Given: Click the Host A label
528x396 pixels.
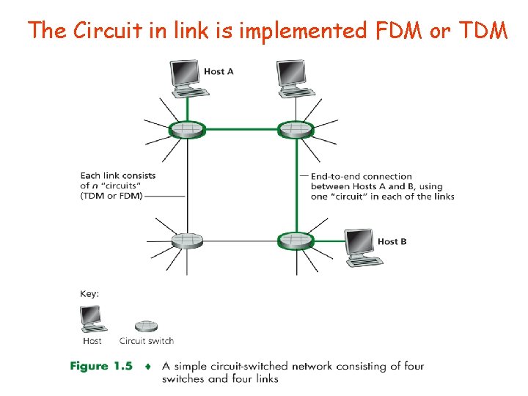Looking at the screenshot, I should (x=219, y=71).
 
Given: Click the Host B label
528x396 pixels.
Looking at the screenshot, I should (x=392, y=241).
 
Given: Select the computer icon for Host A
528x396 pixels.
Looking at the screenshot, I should (x=186, y=76).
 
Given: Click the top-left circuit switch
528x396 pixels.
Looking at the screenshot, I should (x=187, y=130).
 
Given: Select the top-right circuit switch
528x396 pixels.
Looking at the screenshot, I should (x=296, y=130).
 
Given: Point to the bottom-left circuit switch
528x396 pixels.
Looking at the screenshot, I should (x=187, y=240).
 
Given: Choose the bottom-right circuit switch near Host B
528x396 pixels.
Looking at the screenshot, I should (x=296, y=240).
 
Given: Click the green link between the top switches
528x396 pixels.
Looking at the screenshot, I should (x=241, y=130).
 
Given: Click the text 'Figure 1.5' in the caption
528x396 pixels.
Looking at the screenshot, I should (x=101, y=366).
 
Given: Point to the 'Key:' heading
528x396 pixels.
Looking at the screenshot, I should (x=89, y=293).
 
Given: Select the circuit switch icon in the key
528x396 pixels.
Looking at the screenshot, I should (x=147, y=326).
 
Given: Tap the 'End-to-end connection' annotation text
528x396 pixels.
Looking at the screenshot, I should (x=362, y=176).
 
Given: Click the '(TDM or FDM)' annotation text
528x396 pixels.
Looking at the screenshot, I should (x=111, y=196).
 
